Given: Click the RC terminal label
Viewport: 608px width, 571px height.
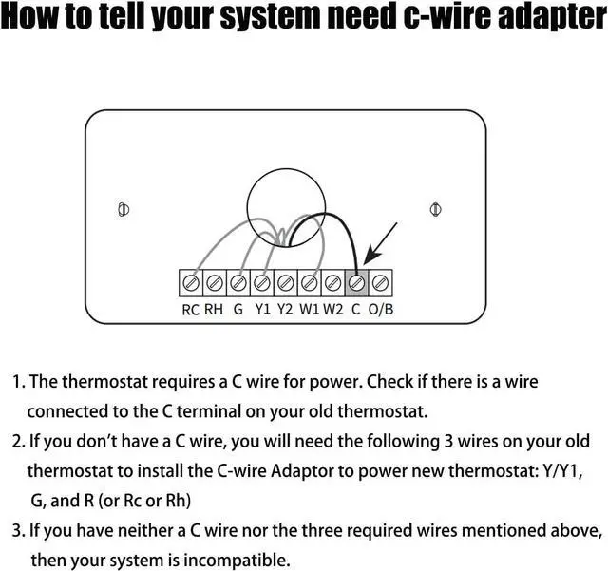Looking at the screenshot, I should [190, 309].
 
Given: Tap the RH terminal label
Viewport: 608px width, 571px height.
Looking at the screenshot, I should [214, 309].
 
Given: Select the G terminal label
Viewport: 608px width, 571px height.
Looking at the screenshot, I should [237, 309].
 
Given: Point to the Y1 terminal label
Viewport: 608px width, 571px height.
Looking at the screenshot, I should [262, 309].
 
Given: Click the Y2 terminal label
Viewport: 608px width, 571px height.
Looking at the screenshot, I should [285, 309].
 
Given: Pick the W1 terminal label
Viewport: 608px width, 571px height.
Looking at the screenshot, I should [309, 309].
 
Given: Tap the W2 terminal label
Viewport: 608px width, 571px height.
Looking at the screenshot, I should [332, 309].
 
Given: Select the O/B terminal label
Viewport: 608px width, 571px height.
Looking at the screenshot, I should [380, 309].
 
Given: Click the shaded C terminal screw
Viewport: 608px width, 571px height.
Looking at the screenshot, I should [357, 282].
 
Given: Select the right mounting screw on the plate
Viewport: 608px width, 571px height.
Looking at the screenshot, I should [434, 208].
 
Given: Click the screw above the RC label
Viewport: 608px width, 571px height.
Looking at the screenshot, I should [191, 282].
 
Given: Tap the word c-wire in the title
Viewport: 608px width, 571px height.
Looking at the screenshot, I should [420, 21].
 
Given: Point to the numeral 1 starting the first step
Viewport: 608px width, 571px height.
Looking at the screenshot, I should [16, 383].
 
